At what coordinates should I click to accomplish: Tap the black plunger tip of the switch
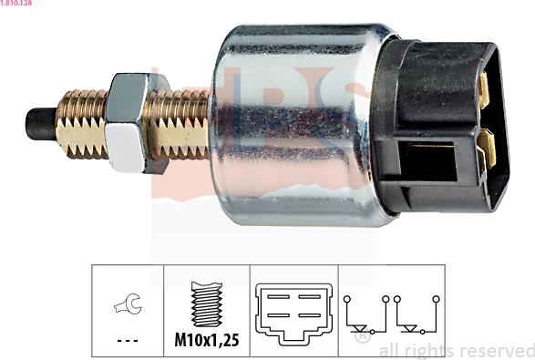coord(39,124)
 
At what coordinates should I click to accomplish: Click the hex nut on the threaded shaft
coord(128,123)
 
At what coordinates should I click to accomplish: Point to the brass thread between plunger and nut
coord(81,123)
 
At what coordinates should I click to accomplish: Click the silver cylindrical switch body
coord(292,123)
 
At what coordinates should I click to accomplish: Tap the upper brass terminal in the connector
coord(484,89)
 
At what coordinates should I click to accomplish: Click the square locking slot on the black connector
coord(428,162)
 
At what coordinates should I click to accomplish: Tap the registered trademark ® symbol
coord(362,338)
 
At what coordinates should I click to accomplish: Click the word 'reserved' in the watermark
coord(496,351)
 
